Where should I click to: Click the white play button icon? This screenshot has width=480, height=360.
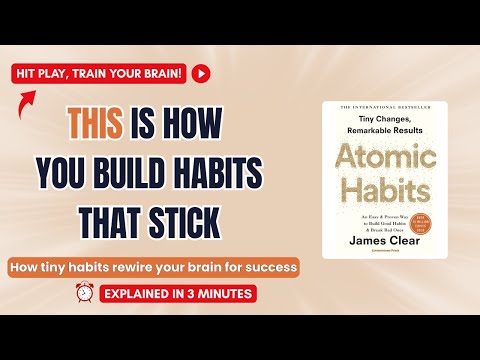point(203,73)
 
